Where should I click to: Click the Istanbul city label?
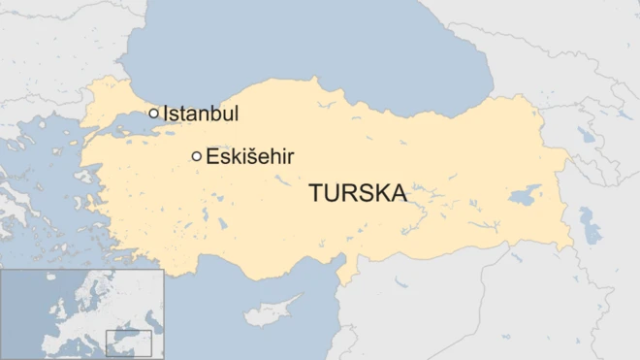201,114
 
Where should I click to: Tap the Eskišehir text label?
250,155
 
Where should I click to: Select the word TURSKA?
358,193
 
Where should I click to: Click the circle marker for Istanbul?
153,114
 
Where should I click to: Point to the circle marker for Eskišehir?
197,155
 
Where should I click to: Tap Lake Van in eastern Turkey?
526,194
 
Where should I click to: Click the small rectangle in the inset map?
128,343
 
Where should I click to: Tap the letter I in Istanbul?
166,114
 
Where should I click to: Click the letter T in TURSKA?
316,193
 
